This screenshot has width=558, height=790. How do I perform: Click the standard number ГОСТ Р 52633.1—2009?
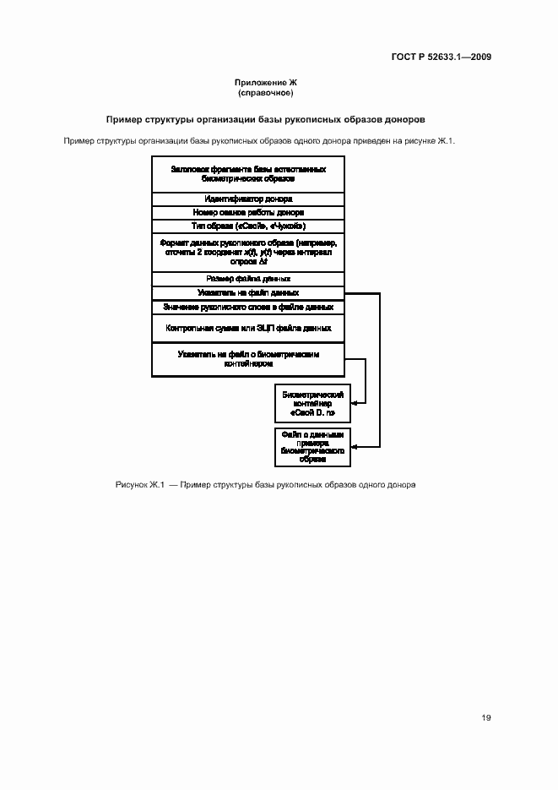[x=442, y=57]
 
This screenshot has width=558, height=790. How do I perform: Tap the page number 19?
[x=486, y=718]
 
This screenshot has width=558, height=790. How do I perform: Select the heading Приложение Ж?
[x=266, y=82]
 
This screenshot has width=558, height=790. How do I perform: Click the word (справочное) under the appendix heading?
[x=266, y=92]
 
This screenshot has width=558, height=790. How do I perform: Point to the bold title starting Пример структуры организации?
[x=265, y=119]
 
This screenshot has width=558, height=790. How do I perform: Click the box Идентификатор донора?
[x=248, y=199]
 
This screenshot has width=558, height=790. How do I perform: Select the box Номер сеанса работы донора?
[x=248, y=212]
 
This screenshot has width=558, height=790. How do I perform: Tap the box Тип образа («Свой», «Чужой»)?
[x=248, y=226]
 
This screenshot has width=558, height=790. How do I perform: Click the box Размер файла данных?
[x=248, y=278]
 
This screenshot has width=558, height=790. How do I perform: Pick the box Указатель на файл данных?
[x=248, y=292]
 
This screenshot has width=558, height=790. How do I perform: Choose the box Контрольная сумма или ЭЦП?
[x=248, y=327]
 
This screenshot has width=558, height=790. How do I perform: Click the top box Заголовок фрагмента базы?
[x=248, y=174]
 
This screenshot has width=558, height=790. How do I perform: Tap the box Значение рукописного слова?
[x=248, y=307]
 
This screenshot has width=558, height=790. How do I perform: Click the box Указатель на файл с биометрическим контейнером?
[x=248, y=358]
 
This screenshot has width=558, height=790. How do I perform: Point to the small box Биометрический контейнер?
[x=313, y=404]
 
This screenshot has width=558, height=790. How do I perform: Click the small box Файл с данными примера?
[x=313, y=447]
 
